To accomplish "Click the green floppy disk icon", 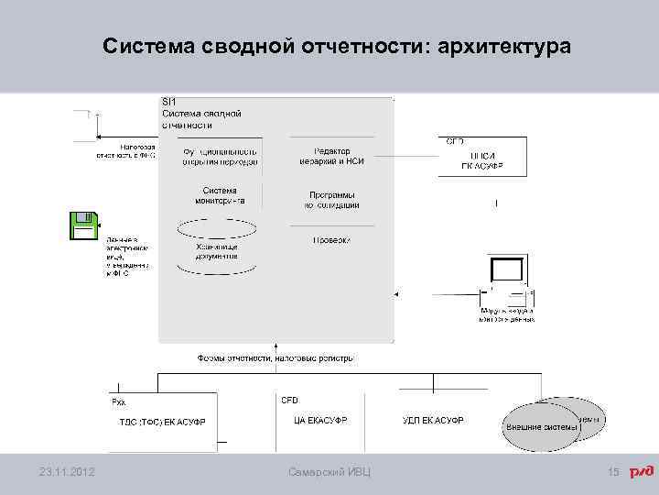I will coord(83,225).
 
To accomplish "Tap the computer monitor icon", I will coord(507,271).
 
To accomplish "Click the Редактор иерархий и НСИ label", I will coord(331,156).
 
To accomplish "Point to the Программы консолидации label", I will coord(332,200).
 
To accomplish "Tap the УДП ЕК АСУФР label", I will coord(433,421).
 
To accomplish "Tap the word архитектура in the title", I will coord(504,46).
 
